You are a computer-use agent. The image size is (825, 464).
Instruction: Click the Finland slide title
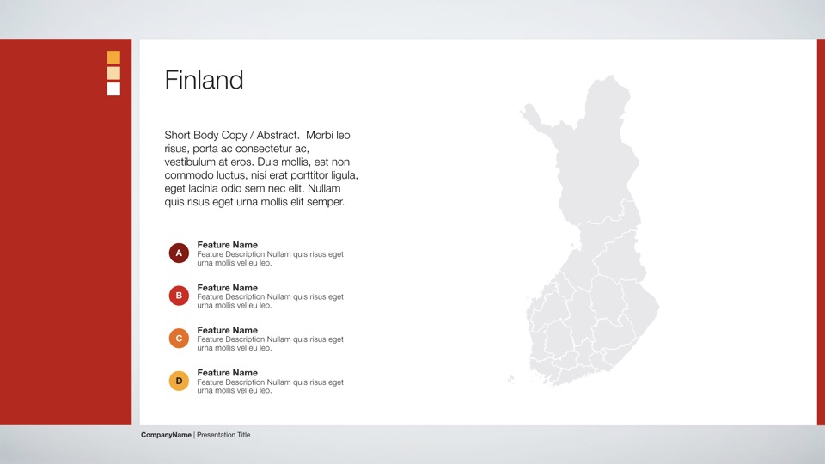(x=204, y=80)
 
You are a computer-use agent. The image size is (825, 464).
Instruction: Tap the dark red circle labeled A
(x=179, y=253)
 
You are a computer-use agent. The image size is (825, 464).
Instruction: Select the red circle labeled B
(x=179, y=296)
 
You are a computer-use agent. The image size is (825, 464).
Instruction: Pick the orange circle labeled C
(x=179, y=339)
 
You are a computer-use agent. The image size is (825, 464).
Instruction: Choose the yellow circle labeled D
(x=179, y=381)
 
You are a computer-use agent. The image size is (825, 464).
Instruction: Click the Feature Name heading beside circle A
(x=227, y=245)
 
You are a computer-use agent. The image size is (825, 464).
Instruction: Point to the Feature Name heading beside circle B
(x=227, y=288)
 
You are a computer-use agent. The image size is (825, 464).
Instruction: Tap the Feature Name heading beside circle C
(x=227, y=330)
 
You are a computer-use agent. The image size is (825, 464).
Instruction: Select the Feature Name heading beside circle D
(x=227, y=373)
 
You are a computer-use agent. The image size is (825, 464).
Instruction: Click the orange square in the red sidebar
(x=113, y=57)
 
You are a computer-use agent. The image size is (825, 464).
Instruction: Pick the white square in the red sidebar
(x=113, y=89)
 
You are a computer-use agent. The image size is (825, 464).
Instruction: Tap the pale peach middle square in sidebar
(x=113, y=73)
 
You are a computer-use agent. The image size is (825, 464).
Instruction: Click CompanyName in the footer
(x=166, y=435)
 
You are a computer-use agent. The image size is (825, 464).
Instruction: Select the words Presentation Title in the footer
(x=223, y=435)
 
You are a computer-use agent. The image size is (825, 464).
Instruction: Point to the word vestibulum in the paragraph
(x=191, y=162)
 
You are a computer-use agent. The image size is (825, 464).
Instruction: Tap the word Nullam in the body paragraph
(x=324, y=188)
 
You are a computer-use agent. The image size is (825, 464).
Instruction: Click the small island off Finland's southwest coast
(x=510, y=379)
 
